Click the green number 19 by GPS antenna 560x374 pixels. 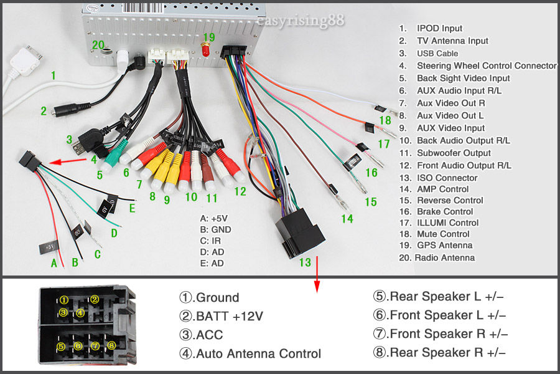pos(208,38)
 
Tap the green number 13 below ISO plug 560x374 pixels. pos(305,262)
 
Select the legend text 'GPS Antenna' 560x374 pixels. pos(444,245)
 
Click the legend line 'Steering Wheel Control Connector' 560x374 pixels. pos(487,65)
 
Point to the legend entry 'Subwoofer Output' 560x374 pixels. pos(454,153)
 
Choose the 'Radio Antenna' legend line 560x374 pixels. pos(444,257)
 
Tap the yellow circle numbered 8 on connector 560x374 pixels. pos(111,345)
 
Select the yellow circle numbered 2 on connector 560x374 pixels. pos(95,299)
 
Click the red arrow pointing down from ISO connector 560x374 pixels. pos(317,280)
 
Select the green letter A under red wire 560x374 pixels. pos(54,263)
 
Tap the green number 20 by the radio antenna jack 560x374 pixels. pos(98,45)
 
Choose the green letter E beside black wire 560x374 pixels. pos(132,209)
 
